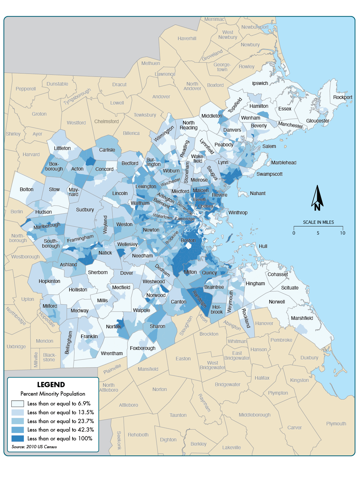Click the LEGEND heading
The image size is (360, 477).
[51, 385]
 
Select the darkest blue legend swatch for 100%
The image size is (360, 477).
[17, 438]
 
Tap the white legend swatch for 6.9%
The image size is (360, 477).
[17, 403]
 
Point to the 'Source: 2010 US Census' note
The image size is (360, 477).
[34, 447]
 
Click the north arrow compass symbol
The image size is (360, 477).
[317, 198]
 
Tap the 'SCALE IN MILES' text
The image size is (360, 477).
[318, 222]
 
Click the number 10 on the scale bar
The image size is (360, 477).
[342, 233]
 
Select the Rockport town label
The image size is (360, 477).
[342, 97]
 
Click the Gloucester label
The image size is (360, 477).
[317, 121]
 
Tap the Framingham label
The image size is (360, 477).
[80, 238]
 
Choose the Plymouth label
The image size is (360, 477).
[336, 424]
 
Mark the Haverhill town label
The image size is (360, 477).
[187, 39]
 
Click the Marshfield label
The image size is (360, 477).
[302, 318]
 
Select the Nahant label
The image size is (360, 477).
[257, 193]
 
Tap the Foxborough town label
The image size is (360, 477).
[143, 348]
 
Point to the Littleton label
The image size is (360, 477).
[62, 148]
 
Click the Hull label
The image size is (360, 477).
[263, 246]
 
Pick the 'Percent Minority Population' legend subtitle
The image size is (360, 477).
[53, 394]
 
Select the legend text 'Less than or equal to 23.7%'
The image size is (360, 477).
[60, 421]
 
